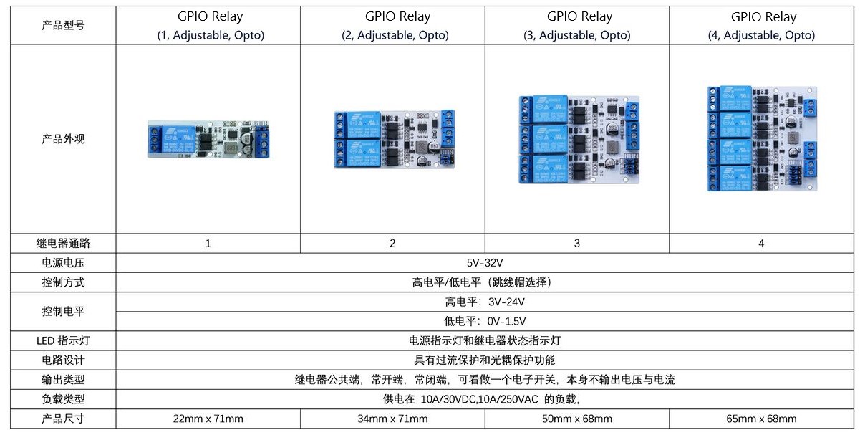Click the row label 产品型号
click(x=63, y=26)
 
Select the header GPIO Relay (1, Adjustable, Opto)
click(x=211, y=26)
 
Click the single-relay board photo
click(x=208, y=140)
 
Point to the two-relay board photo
click(x=395, y=139)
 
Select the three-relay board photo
click(x=579, y=140)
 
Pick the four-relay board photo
click(x=763, y=139)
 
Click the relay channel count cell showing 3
click(x=577, y=244)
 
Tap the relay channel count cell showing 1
click(x=208, y=244)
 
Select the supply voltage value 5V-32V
click(x=485, y=263)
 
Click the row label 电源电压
click(x=63, y=263)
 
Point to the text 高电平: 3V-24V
click(x=485, y=302)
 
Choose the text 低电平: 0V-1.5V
click(x=485, y=321)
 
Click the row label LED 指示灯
click(x=63, y=340)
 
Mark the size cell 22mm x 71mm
click(x=208, y=419)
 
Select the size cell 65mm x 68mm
click(x=761, y=419)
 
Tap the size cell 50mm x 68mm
click(x=577, y=419)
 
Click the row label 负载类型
click(x=63, y=399)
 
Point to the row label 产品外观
click(x=63, y=139)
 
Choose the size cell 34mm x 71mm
click(x=392, y=419)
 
